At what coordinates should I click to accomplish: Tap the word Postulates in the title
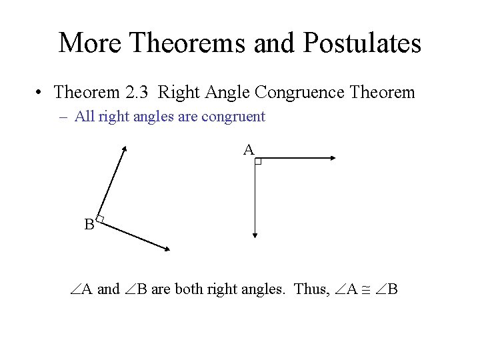point(363,43)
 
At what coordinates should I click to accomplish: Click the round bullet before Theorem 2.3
point(41,92)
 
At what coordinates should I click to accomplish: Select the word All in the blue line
point(84,117)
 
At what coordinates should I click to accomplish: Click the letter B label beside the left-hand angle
point(89,225)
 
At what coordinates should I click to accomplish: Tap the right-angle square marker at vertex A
point(258,161)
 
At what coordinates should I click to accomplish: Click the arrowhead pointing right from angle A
point(333,158)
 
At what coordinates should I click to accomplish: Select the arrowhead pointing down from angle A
point(255,234)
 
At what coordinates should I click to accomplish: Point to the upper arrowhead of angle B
point(124,151)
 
